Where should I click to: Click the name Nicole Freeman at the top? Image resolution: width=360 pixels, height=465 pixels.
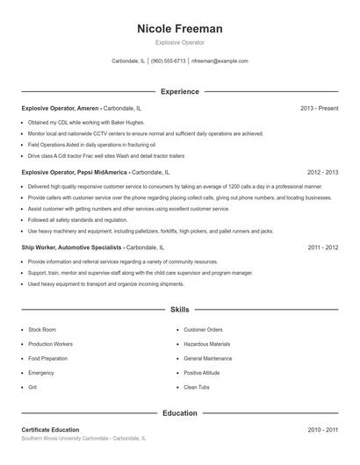click(x=180, y=29)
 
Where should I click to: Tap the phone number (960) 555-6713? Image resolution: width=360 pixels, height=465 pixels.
click(x=168, y=61)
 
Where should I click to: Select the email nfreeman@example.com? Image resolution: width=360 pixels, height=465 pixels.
click(x=220, y=61)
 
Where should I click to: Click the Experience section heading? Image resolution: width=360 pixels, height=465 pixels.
click(x=180, y=91)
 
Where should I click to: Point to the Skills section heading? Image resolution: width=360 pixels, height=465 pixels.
click(x=180, y=310)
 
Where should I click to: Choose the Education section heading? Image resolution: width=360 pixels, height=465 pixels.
click(x=180, y=412)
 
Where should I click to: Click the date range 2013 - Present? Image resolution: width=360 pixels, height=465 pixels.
click(x=319, y=108)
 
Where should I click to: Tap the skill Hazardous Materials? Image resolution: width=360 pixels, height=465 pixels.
click(x=206, y=344)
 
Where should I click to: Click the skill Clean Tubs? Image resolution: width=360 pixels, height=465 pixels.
click(x=197, y=387)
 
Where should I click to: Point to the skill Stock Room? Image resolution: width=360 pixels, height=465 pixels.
click(x=42, y=330)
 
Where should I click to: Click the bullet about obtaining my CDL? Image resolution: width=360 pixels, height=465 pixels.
click(x=74, y=122)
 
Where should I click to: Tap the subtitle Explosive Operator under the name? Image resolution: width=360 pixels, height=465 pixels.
click(x=180, y=42)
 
